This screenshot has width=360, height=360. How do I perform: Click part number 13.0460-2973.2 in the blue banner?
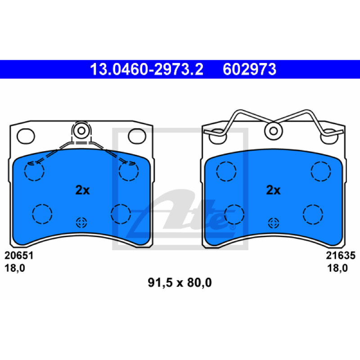point(147,69)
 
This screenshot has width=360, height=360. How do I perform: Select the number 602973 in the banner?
point(249,69)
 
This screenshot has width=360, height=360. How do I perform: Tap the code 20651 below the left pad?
point(19,256)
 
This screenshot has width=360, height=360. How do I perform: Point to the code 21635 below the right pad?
point(341,256)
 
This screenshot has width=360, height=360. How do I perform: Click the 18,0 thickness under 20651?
point(15,268)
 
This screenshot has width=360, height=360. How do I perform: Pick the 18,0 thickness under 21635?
point(337,268)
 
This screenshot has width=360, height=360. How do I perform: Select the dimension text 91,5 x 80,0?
point(180,283)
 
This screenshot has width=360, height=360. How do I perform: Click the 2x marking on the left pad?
point(82,190)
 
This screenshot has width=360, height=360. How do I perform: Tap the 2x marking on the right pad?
point(273,190)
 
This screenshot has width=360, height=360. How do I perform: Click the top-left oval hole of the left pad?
point(26,136)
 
